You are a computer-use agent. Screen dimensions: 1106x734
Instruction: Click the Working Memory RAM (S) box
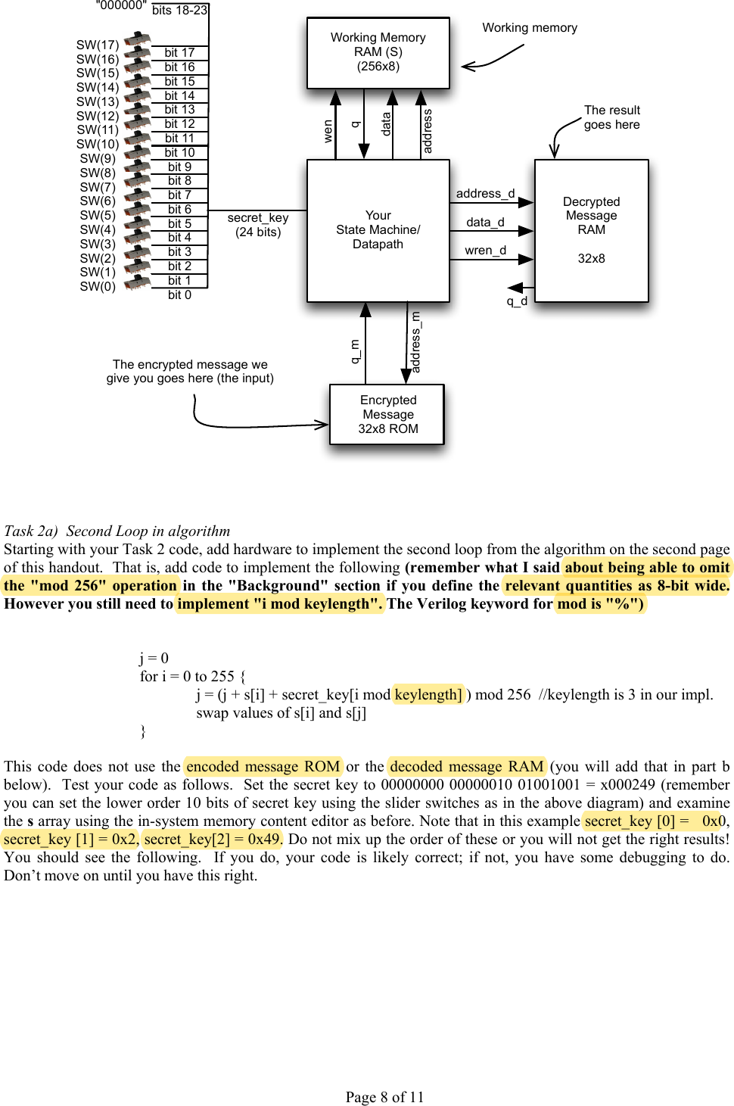pos(378,52)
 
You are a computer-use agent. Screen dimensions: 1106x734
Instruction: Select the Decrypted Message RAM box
pos(591,230)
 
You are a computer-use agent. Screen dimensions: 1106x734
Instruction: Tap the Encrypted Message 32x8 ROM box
pos(387,414)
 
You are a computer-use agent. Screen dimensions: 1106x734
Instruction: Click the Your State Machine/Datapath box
pos(378,230)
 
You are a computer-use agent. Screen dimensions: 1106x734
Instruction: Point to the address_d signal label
pos(485,194)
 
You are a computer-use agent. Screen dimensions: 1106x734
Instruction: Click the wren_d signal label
pos(485,251)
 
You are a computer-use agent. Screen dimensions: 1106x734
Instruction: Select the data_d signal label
pos(485,223)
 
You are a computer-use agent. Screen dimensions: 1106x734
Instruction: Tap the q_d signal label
pos(517,301)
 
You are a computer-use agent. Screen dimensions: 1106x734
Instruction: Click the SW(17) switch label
pos(98,45)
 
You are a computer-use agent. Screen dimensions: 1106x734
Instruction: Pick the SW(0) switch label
pos(98,287)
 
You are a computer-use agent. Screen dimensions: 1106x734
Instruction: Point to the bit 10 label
pos(179,153)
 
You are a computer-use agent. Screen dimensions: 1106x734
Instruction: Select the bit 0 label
pos(179,295)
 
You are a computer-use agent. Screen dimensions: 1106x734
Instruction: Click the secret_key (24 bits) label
pos(258,225)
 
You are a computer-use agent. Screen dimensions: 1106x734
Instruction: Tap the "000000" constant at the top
pos(121,6)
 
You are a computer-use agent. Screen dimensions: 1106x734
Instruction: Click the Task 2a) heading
pos(117,531)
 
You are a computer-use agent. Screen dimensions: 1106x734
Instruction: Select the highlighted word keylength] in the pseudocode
pos(428,695)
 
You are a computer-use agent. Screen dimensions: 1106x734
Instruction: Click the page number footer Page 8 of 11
pos(384,1097)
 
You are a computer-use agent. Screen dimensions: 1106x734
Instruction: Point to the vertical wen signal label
pos(328,130)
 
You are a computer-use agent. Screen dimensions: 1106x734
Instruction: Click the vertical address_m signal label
pos(415,342)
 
